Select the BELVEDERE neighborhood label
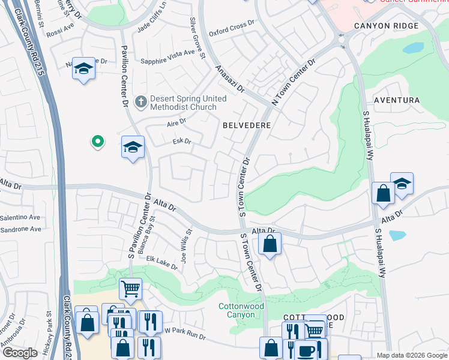coord(247,125)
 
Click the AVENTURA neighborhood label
coord(396,100)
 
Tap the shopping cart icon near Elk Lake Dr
coord(130,289)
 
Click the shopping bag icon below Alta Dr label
coord(270,244)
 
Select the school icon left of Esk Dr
coord(133,147)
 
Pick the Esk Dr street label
coord(181,142)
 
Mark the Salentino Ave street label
coord(20,217)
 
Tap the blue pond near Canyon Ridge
coord(413,48)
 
